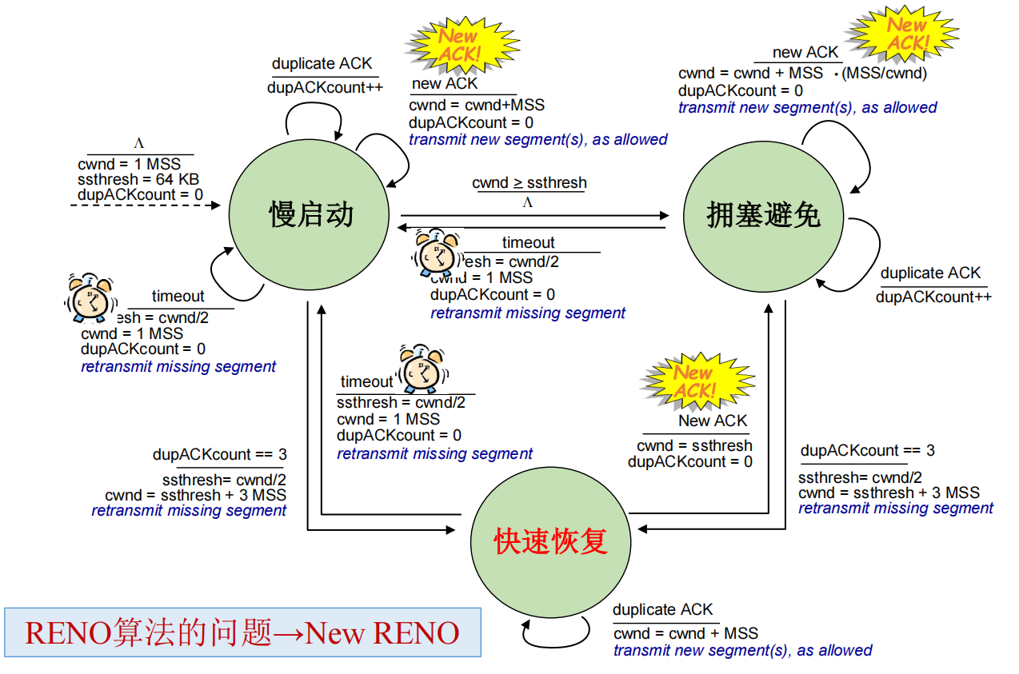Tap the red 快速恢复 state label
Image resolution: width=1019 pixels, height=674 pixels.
551,541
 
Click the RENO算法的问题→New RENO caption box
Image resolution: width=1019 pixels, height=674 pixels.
242,632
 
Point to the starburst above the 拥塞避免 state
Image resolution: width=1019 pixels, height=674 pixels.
903,34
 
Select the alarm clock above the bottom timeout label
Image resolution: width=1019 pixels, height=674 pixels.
422,369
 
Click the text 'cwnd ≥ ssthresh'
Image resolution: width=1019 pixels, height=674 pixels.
529,183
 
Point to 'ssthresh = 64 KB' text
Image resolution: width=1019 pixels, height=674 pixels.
138,179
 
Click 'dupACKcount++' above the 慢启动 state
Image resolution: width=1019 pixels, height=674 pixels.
325,88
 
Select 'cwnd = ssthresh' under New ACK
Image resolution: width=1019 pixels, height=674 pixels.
694,445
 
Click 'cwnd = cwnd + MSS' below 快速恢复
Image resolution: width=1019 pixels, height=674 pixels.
685,633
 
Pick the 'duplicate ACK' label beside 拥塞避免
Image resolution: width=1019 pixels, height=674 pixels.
930,273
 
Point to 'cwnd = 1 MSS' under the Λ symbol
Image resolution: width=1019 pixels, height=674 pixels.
129,165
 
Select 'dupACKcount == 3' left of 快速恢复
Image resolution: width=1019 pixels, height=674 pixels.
219,455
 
